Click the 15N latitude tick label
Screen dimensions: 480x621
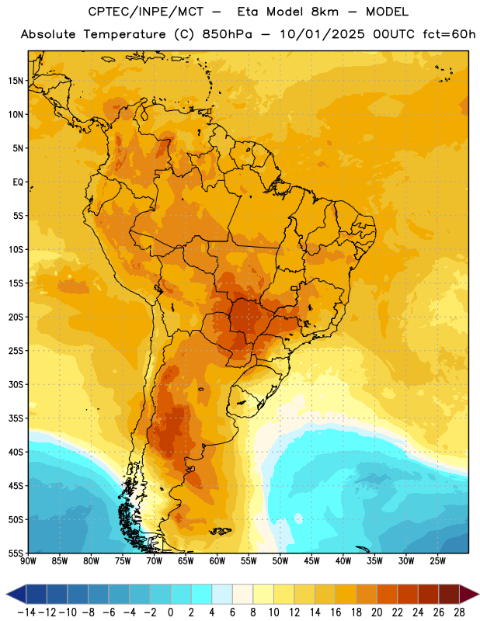click(x=16, y=81)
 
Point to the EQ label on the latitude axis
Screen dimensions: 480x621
click(x=18, y=182)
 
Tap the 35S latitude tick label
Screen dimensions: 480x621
click(x=16, y=418)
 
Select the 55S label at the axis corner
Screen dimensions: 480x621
click(x=16, y=553)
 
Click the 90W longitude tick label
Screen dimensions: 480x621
click(x=28, y=560)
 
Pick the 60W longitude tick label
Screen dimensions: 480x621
click(x=217, y=560)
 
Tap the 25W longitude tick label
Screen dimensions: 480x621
click(x=437, y=560)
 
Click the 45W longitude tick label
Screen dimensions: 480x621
click(x=311, y=560)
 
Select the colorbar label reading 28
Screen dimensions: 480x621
click(x=459, y=612)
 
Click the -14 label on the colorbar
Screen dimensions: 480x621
click(x=26, y=612)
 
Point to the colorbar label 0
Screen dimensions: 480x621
click(x=170, y=612)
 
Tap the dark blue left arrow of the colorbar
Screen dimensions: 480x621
click(x=16, y=594)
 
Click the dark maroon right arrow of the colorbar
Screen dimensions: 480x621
click(x=469, y=594)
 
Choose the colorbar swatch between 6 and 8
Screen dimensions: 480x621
click(x=243, y=594)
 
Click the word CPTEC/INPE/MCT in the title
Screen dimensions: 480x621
click(x=146, y=12)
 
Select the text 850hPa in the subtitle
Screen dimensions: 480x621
click(x=227, y=34)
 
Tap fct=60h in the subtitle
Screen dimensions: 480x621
click(x=449, y=34)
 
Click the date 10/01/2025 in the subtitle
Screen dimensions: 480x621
click(x=322, y=34)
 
